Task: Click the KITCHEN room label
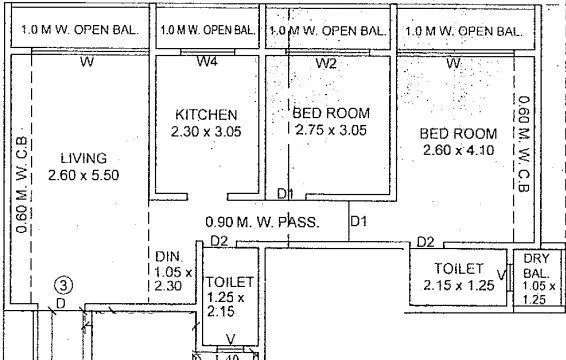pyautogui.click(x=206, y=115)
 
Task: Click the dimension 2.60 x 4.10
pyautogui.click(x=456, y=151)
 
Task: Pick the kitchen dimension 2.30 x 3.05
pyautogui.click(x=206, y=131)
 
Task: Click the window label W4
pyautogui.click(x=207, y=63)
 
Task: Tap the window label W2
pyautogui.click(x=326, y=63)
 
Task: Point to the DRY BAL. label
pyautogui.click(x=535, y=266)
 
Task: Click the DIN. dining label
pyautogui.click(x=166, y=257)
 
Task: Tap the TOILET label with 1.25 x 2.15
pyautogui.click(x=229, y=283)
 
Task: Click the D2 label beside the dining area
pyautogui.click(x=220, y=241)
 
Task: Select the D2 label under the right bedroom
pyautogui.click(x=425, y=241)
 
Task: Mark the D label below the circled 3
pyautogui.click(x=60, y=302)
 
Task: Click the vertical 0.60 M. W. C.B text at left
pyautogui.click(x=21, y=184)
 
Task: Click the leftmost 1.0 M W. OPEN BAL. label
pyautogui.click(x=76, y=31)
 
